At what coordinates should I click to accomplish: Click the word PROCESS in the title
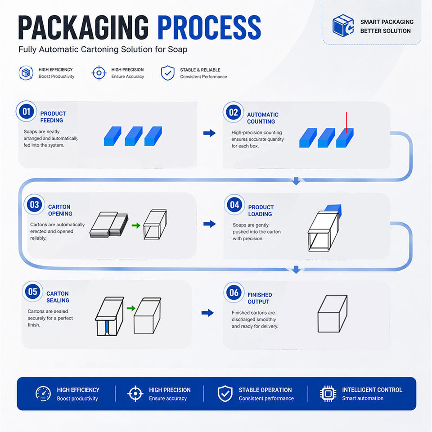tap(209, 27)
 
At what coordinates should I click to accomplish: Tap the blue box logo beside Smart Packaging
tap(343, 25)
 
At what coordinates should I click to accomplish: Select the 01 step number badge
tap(27, 111)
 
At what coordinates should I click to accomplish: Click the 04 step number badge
tap(234, 205)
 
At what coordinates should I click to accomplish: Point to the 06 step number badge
tap(234, 292)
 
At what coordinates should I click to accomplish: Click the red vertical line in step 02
tap(346, 122)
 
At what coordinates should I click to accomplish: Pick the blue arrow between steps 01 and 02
tap(209, 133)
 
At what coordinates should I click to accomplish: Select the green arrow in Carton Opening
tap(136, 225)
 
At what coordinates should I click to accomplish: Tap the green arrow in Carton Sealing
tap(131, 308)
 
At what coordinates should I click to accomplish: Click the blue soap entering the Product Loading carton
tap(334, 211)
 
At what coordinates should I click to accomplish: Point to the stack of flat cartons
tap(109, 225)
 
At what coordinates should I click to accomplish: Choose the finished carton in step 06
tap(333, 314)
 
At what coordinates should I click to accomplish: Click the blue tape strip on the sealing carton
tap(107, 327)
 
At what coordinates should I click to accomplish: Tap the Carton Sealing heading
tap(58, 297)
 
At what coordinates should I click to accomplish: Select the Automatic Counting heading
tap(262, 118)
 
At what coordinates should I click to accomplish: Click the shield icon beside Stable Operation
tap(225, 394)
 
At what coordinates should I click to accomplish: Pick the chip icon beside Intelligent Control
tap(328, 394)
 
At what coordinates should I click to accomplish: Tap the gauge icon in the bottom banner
tap(43, 394)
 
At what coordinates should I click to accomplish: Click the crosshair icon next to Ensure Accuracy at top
tap(99, 73)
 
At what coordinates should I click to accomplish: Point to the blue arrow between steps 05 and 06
tap(207, 313)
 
